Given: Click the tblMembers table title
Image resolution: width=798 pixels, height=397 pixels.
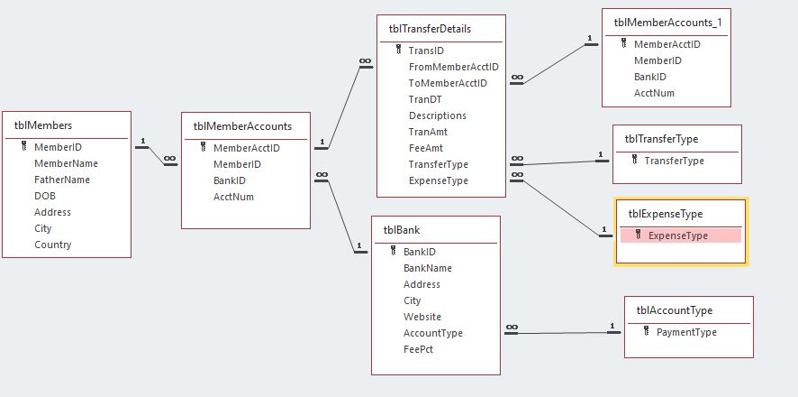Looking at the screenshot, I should (x=43, y=125).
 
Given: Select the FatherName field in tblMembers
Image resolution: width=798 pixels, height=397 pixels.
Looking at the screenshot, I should (x=62, y=180).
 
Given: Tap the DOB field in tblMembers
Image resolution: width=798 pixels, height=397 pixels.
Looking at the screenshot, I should (x=45, y=196).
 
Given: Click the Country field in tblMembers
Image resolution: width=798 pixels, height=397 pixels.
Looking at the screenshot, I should (x=52, y=245).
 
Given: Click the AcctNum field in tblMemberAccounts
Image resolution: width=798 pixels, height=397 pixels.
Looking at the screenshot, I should (x=233, y=197).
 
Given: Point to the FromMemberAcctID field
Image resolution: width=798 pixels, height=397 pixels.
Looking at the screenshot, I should (x=453, y=67).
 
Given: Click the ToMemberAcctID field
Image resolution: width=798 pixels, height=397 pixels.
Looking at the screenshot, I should (x=448, y=83).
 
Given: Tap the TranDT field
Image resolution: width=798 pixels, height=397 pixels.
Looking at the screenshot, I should (x=424, y=99).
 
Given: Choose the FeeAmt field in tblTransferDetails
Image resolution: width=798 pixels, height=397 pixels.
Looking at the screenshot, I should (x=426, y=148).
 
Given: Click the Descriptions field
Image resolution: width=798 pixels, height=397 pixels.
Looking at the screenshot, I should (x=437, y=115).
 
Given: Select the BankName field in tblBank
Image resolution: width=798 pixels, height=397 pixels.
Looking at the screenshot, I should (x=427, y=268).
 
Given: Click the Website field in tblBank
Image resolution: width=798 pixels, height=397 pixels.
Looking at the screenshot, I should (x=422, y=317).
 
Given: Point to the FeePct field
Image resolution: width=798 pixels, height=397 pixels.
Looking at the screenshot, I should (x=418, y=349).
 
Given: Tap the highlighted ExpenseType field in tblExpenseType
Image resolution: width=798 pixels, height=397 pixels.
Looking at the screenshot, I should (x=677, y=235).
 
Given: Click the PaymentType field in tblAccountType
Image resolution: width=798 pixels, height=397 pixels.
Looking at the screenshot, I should (x=686, y=332).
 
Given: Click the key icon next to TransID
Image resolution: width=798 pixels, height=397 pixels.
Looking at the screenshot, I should (x=398, y=51).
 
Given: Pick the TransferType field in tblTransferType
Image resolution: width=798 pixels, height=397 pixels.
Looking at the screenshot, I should (x=674, y=161).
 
